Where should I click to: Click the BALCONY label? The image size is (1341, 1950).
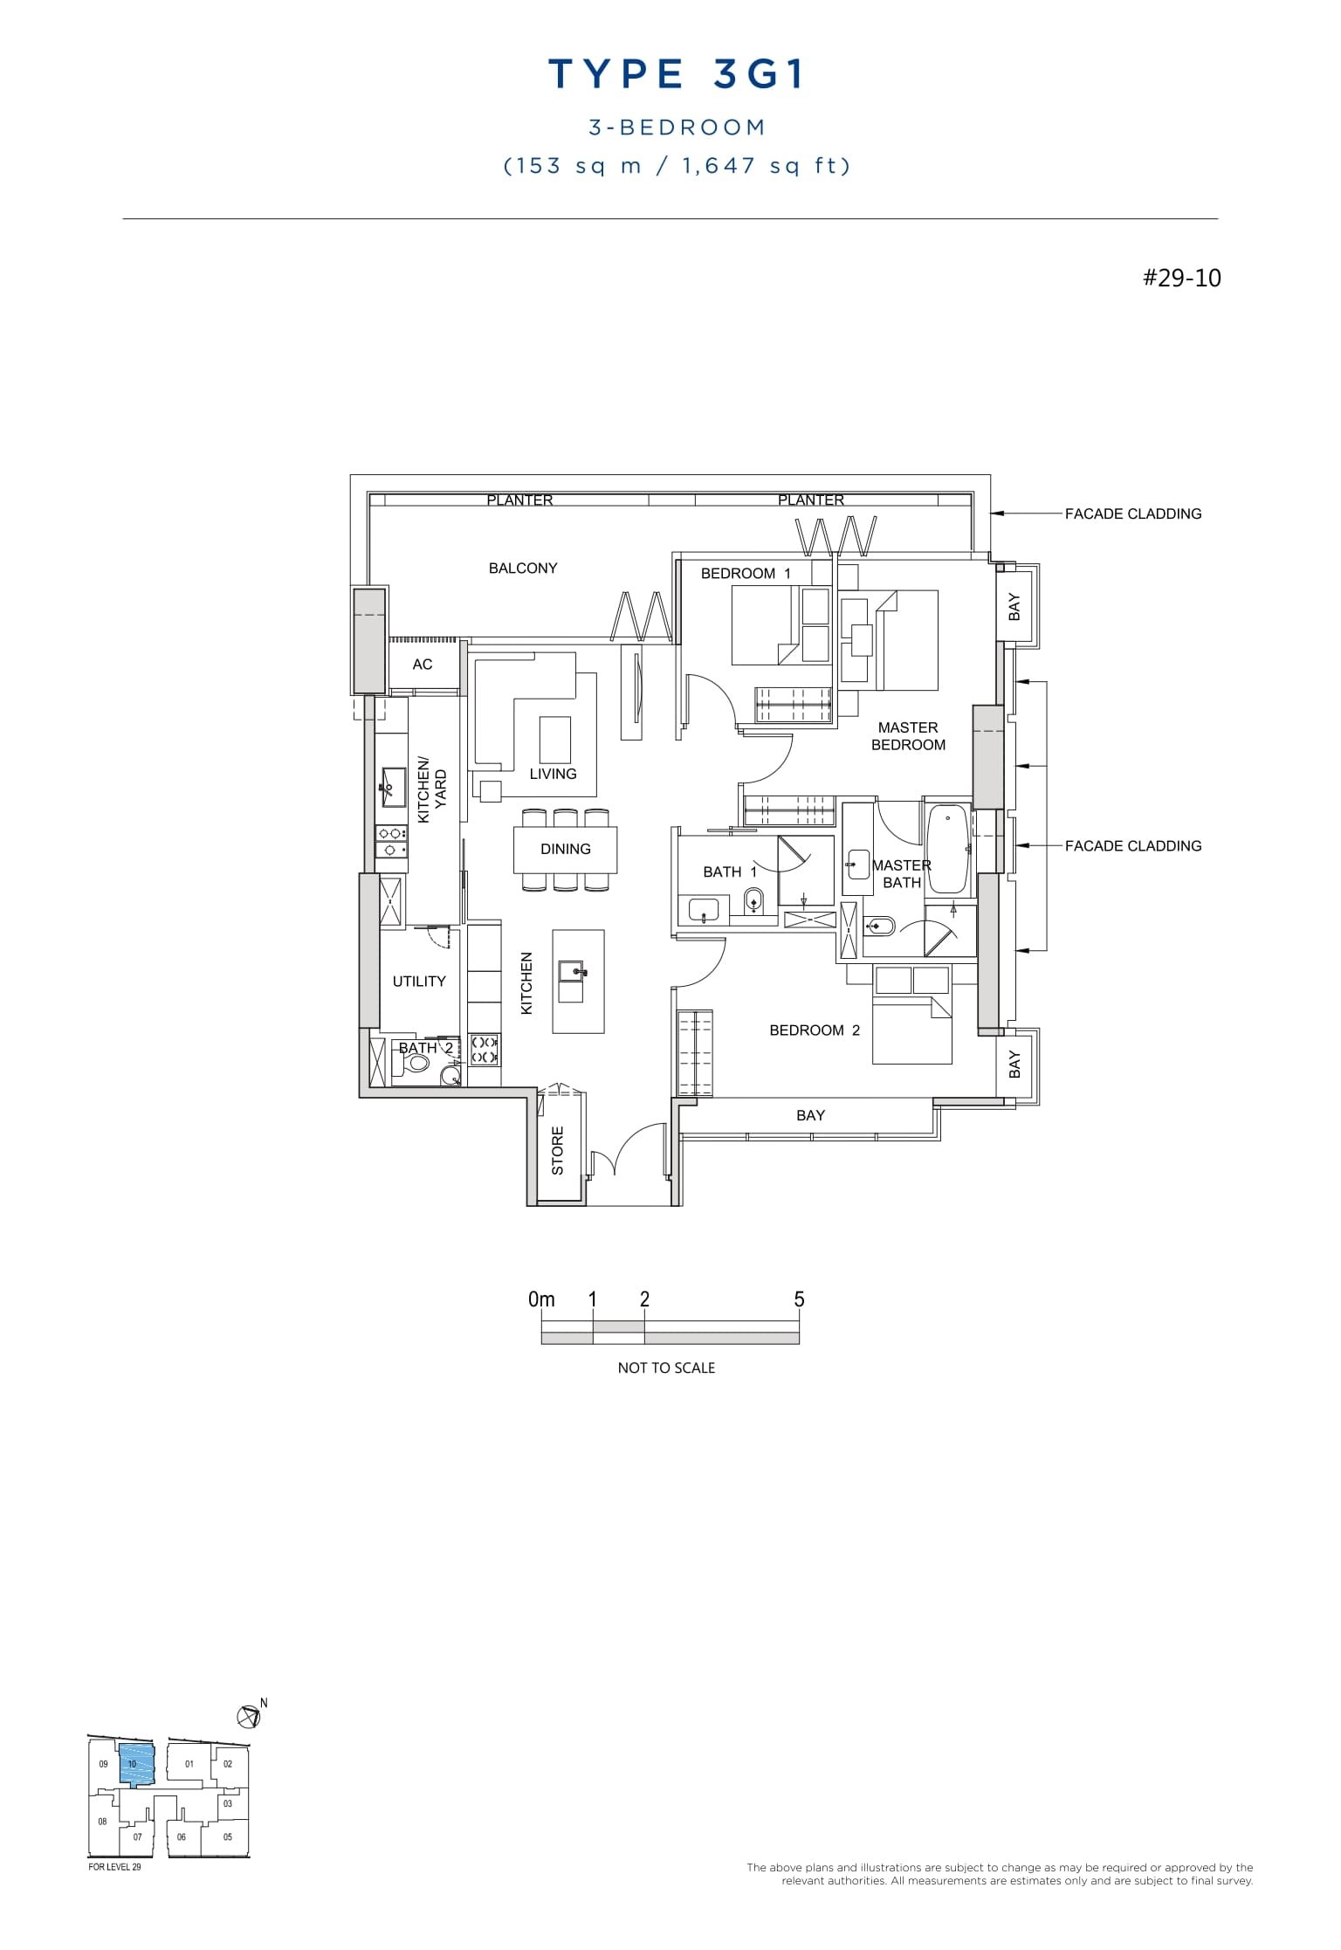click(523, 568)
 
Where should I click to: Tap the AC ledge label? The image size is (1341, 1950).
click(423, 665)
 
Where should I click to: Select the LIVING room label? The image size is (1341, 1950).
click(553, 774)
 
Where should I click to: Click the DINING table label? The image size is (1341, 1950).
click(565, 849)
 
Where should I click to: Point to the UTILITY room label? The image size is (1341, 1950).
click(419, 982)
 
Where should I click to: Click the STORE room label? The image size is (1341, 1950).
click(558, 1150)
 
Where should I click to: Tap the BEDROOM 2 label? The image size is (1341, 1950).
click(814, 1030)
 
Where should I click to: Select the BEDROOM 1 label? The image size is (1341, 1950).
click(746, 574)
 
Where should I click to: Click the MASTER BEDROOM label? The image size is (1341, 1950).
click(908, 736)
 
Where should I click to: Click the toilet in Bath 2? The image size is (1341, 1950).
click(418, 1063)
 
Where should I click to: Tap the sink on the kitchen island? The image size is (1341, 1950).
click(572, 971)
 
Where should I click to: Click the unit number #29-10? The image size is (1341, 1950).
click(1181, 279)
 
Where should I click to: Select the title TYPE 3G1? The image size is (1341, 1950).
click(677, 75)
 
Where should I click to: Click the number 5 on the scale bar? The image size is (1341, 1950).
click(799, 1299)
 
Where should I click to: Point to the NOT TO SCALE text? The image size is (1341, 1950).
click(666, 1368)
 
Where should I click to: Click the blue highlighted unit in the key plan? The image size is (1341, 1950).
click(135, 1765)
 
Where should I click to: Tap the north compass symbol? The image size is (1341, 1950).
click(249, 1716)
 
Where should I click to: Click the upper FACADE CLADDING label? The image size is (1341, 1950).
click(1132, 514)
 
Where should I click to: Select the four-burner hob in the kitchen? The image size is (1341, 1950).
click(485, 1050)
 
